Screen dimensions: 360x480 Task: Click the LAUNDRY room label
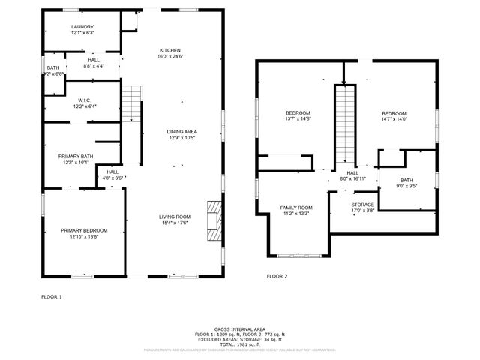pos(82,27)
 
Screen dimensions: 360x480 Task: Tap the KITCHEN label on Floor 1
pos(170,50)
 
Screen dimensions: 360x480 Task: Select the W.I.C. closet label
pos(84,100)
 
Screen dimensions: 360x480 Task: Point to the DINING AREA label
pos(181,132)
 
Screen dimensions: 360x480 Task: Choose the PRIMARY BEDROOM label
pos(84,230)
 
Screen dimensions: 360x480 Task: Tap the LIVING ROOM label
pos(174,217)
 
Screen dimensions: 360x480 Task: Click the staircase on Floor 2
pos(343,124)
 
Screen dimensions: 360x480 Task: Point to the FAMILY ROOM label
pos(296,208)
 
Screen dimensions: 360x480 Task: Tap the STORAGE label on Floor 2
pos(363,204)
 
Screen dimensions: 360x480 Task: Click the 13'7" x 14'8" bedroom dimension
pos(298,119)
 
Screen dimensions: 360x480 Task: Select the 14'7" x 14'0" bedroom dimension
pos(394,119)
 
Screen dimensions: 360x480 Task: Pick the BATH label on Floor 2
pos(406,180)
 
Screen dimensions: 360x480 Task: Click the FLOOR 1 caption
pos(52,297)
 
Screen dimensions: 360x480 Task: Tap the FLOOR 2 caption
pos(277,276)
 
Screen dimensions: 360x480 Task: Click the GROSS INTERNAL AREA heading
pos(239,329)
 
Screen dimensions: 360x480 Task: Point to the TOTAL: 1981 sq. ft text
pos(239,343)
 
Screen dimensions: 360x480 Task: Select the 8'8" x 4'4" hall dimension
pos(94,66)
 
